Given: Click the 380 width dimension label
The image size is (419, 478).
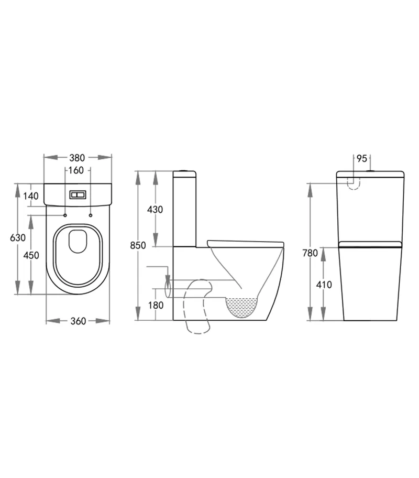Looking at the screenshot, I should [x=78, y=157].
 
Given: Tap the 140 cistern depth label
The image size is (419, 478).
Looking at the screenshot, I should [x=31, y=196].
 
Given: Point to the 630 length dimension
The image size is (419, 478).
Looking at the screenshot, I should [x=17, y=237].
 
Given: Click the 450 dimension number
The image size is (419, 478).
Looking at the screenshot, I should [x=31, y=256].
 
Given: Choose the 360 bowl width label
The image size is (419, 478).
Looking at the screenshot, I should [x=78, y=321].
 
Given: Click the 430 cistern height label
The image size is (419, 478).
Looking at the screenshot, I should [x=155, y=210].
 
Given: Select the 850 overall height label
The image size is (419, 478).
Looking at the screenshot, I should [x=138, y=245].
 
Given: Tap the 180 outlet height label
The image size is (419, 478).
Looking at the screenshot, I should [x=155, y=305].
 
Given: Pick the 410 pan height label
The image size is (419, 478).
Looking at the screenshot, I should [x=324, y=285].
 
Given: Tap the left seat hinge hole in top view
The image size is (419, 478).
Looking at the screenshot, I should [x=65, y=215].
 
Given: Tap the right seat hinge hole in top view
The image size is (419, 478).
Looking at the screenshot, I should [x=91, y=215].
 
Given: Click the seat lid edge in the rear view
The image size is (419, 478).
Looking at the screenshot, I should [x=370, y=244].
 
